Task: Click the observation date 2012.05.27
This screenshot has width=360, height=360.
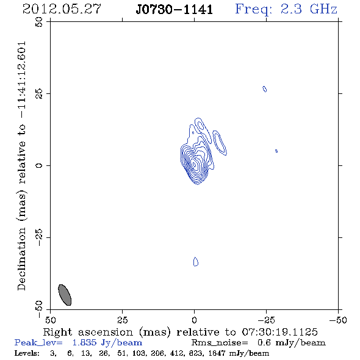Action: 62,9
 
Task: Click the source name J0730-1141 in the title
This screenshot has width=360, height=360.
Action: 175,10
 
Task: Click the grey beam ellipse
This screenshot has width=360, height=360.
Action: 65,295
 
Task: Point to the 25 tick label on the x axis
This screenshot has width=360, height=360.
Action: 122,320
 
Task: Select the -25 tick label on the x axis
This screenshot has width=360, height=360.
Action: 266,320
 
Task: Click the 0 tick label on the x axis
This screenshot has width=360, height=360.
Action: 194,320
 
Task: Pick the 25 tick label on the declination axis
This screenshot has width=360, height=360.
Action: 39,94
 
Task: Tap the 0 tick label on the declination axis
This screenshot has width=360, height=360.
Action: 39,165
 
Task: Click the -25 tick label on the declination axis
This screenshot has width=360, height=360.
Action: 39,237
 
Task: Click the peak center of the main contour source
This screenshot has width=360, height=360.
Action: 194,164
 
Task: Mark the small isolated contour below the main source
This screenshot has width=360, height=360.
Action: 196,262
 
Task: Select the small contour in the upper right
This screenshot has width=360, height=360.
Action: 264,89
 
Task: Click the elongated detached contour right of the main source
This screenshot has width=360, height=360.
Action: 220,143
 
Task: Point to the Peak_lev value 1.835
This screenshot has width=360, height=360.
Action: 84,342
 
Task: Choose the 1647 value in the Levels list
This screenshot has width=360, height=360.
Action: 217,353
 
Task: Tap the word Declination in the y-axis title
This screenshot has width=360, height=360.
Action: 21,259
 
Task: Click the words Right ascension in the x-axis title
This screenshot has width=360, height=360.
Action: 88,333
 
